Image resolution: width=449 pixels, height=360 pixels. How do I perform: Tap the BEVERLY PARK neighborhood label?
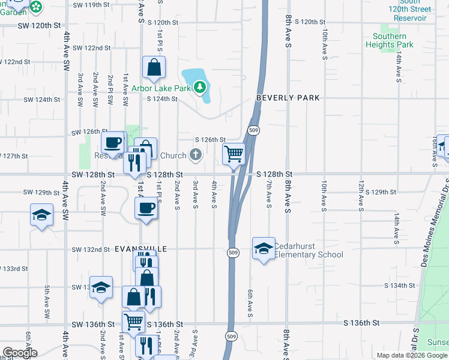(288, 98)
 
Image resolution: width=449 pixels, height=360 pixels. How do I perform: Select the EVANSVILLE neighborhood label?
(142, 248)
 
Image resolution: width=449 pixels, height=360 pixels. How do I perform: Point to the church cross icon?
(195, 155)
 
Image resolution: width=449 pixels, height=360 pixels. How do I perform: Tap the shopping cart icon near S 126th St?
(234, 154)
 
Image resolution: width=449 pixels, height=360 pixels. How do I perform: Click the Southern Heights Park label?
(389, 41)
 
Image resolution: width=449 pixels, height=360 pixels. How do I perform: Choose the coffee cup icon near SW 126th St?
(113, 143)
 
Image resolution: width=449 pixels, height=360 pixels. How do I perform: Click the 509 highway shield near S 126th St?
(254, 130)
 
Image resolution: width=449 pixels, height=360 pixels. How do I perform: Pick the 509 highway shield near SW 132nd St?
(234, 253)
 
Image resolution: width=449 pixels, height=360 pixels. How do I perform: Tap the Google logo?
(20, 353)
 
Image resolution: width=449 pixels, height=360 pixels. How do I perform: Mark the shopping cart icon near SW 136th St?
(133, 321)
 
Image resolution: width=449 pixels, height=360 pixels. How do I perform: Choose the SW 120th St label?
(40, 26)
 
